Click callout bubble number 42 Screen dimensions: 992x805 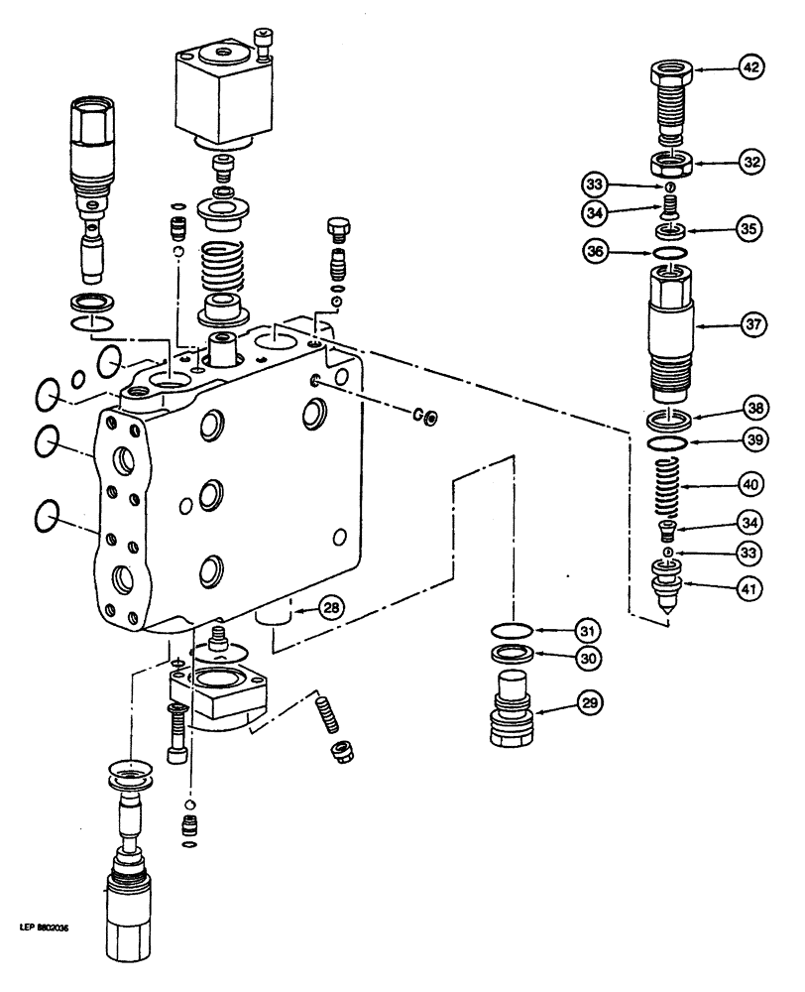(x=752, y=69)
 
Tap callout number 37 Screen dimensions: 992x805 (x=752, y=323)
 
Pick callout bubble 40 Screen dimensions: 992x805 (x=752, y=485)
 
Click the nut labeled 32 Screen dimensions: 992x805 (x=672, y=162)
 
